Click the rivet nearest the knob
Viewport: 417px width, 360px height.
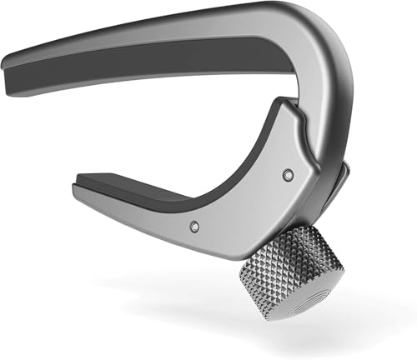click(x=288, y=174)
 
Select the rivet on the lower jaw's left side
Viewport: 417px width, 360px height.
click(x=193, y=226)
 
